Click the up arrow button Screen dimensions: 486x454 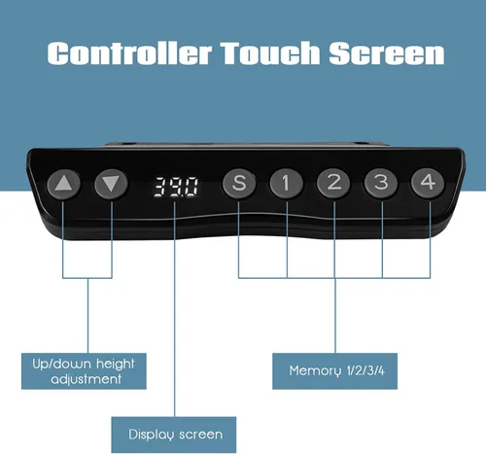[64, 184]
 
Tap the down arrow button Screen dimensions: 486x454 [111, 184]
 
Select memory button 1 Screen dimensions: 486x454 [286, 184]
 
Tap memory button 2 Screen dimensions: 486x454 [333, 183]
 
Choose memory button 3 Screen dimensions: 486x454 [381, 183]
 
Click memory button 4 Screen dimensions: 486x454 [428, 183]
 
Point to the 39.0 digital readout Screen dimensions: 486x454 [176, 187]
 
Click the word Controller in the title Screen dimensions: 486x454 [129, 52]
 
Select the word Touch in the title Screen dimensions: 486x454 [271, 52]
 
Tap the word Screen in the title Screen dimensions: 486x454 [387, 52]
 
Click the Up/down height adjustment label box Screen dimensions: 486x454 [84, 371]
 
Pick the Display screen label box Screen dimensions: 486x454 [174, 435]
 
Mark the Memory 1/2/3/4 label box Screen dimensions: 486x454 [334, 371]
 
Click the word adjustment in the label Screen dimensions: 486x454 [87, 379]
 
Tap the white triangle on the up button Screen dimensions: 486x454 [63, 183]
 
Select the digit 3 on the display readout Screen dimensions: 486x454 [160, 187]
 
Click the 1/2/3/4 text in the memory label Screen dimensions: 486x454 [365, 370]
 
